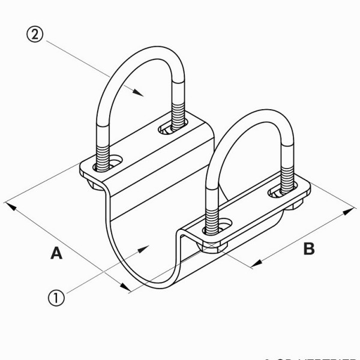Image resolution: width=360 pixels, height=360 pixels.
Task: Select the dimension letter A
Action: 56,254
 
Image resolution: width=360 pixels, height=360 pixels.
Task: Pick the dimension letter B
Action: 308,248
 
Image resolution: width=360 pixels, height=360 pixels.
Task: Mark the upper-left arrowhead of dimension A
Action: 8,205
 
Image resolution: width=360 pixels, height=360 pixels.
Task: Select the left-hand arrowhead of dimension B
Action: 255,264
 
